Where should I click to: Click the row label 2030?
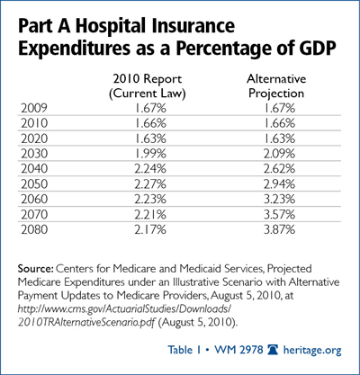34,154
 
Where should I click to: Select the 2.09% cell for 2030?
279,154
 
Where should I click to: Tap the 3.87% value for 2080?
279,230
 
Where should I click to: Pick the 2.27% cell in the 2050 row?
150,184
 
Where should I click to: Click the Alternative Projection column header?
276,86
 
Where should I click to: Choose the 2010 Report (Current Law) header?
148,86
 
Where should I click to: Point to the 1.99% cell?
150,154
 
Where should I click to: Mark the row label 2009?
34,108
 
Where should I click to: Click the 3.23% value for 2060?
279,200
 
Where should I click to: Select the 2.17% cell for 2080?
150,230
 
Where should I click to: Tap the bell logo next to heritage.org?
273,350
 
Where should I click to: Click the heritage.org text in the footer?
312,350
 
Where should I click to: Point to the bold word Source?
35,268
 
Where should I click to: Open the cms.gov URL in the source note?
124,316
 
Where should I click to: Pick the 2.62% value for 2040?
279,169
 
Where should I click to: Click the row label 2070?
34,215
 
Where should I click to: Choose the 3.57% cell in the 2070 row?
279,215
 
